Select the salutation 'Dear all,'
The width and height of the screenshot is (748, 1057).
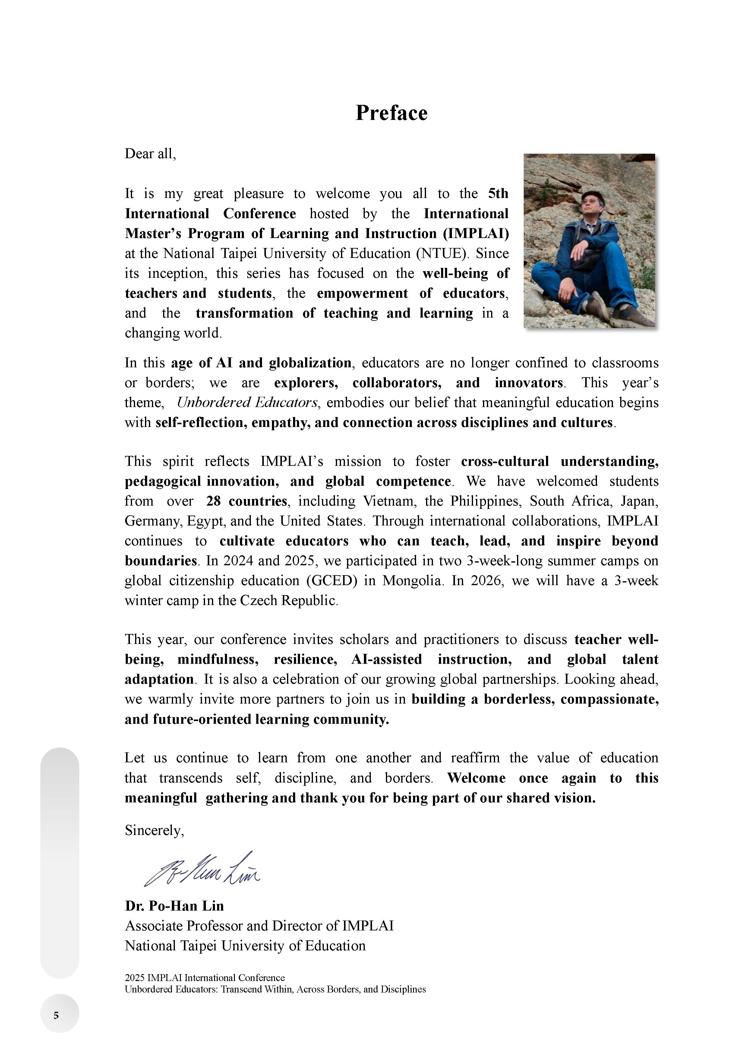pyautogui.click(x=150, y=154)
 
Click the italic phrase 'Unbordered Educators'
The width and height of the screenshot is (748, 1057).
pyautogui.click(x=247, y=403)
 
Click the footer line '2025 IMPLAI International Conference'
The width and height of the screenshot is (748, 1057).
pyautogui.click(x=204, y=977)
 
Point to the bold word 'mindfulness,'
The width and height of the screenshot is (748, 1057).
pyautogui.click(x=218, y=660)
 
